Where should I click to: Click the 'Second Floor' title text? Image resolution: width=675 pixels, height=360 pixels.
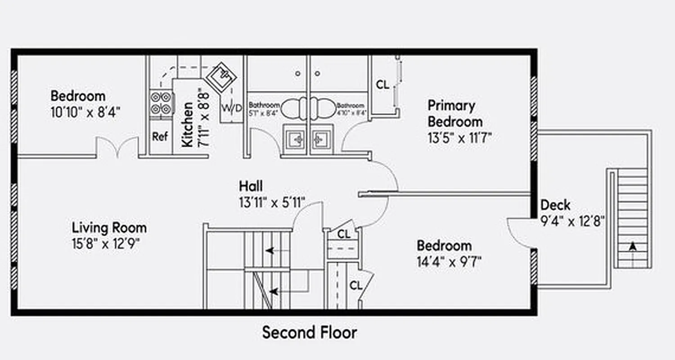click(x=310, y=333)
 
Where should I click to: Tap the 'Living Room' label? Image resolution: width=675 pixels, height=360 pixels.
click(x=109, y=228)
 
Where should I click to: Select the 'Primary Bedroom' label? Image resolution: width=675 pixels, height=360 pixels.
click(x=454, y=113)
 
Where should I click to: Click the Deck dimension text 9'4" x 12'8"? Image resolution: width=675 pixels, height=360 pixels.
click(x=571, y=221)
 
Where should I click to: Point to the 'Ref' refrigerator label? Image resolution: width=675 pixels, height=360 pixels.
click(x=160, y=137)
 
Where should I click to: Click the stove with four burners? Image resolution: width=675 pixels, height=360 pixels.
click(x=161, y=103)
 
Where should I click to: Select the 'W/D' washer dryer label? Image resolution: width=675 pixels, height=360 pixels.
click(x=231, y=108)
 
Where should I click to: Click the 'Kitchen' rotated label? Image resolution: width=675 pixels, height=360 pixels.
click(x=188, y=124)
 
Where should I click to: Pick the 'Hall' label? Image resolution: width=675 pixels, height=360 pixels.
click(x=251, y=186)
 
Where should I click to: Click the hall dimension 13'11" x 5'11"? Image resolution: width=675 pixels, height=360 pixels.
click(x=272, y=202)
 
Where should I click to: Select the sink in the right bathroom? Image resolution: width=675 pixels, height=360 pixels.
click(x=321, y=140)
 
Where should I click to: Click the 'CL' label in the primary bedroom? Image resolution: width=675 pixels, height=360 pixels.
click(x=382, y=85)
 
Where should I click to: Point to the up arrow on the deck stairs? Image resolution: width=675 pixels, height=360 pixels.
click(x=633, y=247)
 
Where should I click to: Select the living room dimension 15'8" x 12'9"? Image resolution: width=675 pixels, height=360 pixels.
click(x=106, y=244)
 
